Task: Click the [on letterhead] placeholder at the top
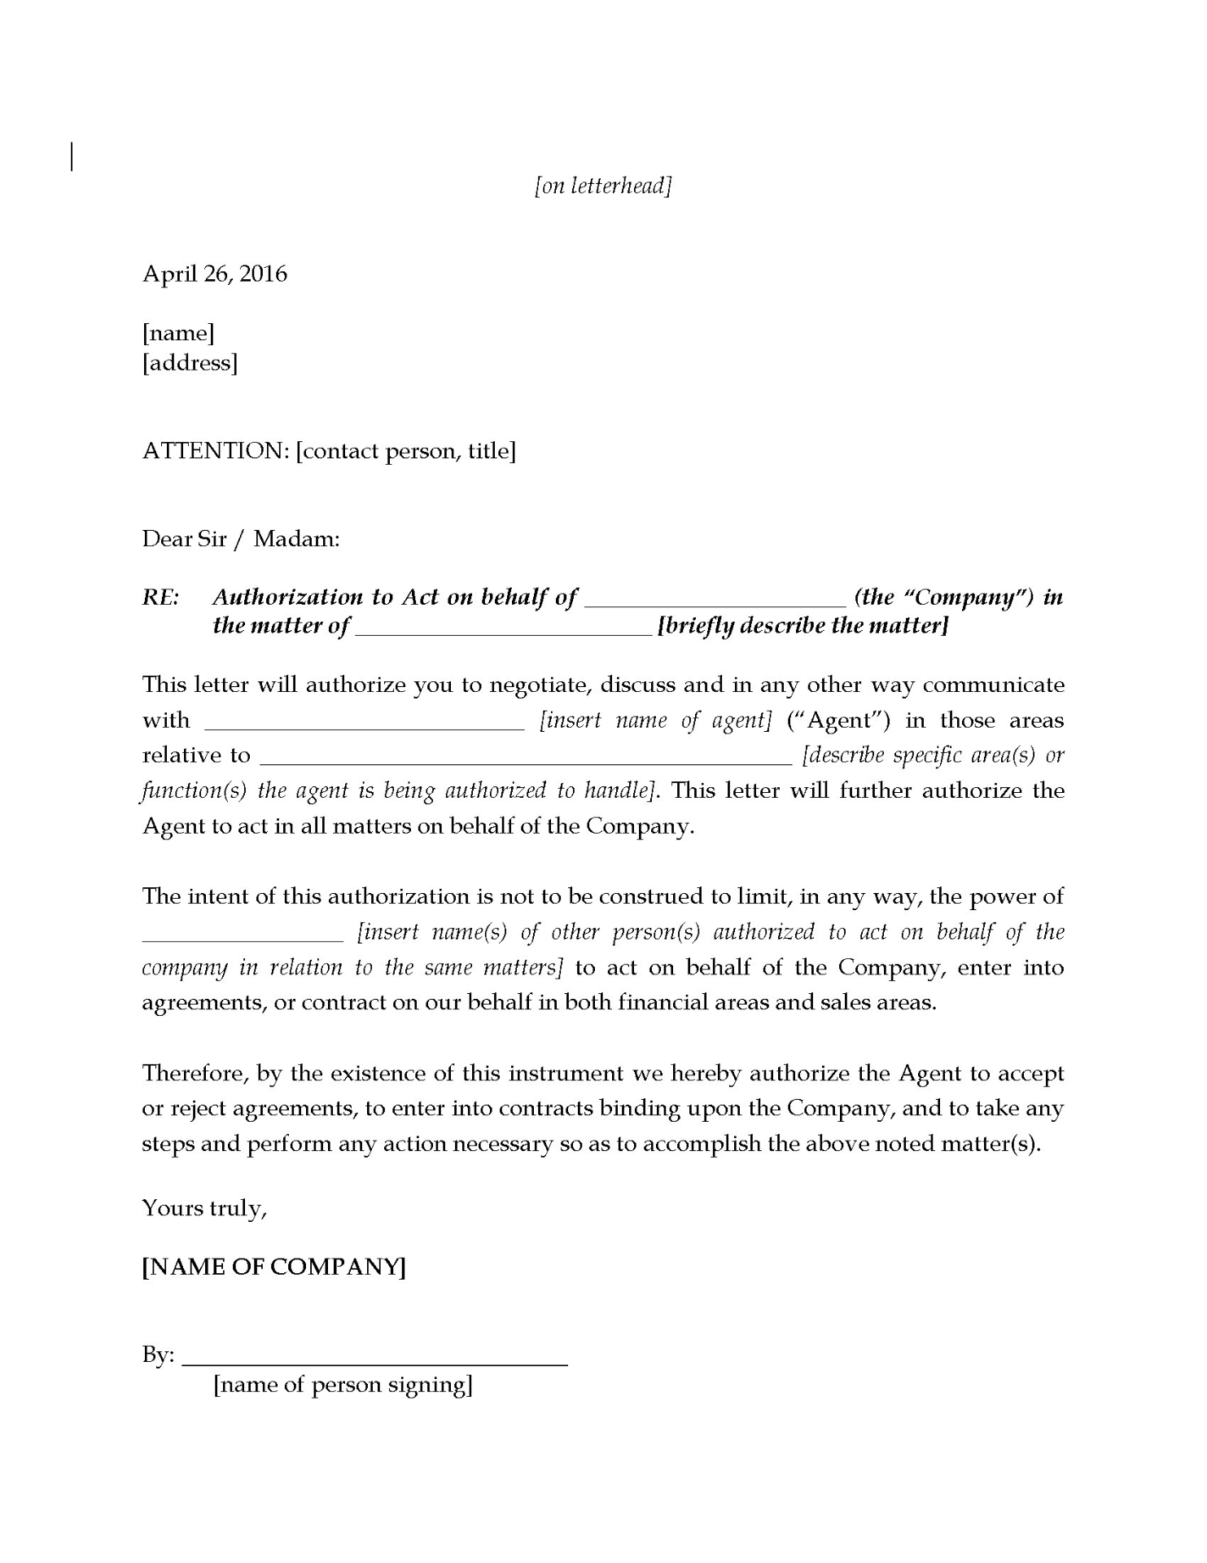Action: pos(603,186)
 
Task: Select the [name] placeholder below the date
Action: pos(178,333)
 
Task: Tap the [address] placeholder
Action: pos(190,362)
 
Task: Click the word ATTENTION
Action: pos(215,451)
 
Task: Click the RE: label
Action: pos(161,598)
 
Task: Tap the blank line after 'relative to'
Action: pos(525,761)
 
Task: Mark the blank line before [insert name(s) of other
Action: pos(243,938)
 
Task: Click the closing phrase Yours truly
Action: pos(204,1208)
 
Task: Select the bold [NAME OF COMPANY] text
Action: pos(273,1267)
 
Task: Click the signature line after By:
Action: pos(374,1363)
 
